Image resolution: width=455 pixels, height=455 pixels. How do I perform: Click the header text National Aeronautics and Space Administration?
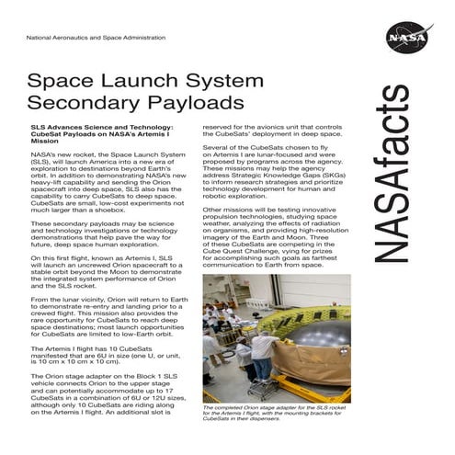pyautogui.click(x=96, y=38)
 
